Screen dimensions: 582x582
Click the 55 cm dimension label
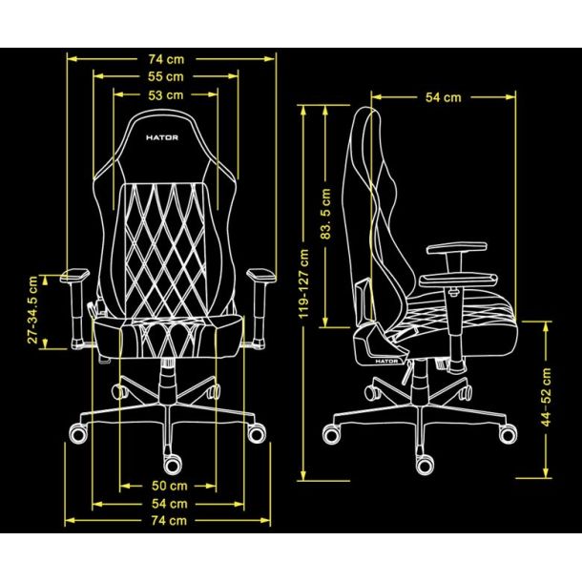pos(166,77)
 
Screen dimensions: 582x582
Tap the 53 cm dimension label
pos(166,95)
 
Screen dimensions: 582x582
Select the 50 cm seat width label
pos(169,486)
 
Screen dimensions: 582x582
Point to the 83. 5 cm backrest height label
pos(325,214)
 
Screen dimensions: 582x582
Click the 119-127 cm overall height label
pos(303,283)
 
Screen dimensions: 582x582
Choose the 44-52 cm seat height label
pos(546,397)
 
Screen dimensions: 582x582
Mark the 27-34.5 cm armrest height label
pos(32,309)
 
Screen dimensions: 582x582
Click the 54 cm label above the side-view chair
pos(444,97)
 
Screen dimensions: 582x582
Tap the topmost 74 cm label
pos(166,59)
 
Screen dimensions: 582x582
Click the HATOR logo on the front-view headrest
pos(162,137)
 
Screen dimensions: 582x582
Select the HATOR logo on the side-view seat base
pos(386,362)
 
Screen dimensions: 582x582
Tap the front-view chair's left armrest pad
pos(75,275)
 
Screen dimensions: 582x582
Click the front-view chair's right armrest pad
pos(261,275)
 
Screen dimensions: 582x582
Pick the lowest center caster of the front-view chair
pos(173,464)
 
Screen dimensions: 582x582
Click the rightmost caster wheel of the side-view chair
pos(508,434)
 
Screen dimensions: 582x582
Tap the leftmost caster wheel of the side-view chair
pos(331,434)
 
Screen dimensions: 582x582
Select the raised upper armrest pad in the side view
pos(457,248)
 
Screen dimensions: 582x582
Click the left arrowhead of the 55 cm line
pos(98,77)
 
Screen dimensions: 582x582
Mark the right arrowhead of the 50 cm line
pos(211,486)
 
